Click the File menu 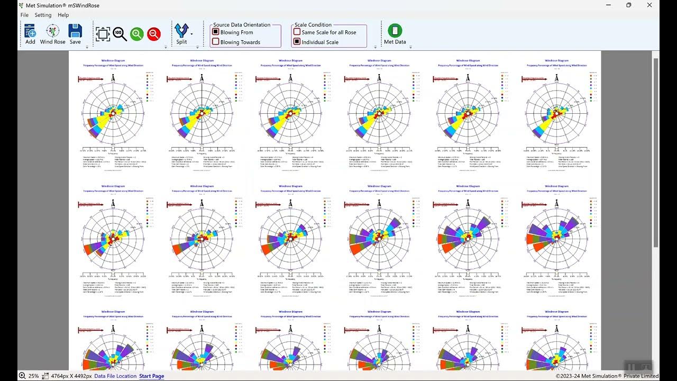pyautogui.click(x=24, y=15)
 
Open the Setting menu pyautogui.click(x=43, y=15)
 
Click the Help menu pyautogui.click(x=63, y=15)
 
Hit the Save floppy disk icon pyautogui.click(x=75, y=31)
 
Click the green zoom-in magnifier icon pyautogui.click(x=137, y=34)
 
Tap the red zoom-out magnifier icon pyautogui.click(x=154, y=34)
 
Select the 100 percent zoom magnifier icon pyautogui.click(x=120, y=34)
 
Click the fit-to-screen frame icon pyautogui.click(x=103, y=34)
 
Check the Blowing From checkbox pyautogui.click(x=216, y=32)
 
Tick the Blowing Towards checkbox pyautogui.click(x=216, y=42)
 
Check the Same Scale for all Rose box pyautogui.click(x=297, y=32)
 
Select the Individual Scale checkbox pyautogui.click(x=297, y=42)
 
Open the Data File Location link pyautogui.click(x=115, y=376)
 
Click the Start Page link pyautogui.click(x=151, y=376)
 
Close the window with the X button pyautogui.click(x=649, y=5)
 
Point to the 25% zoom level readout pyautogui.click(x=33, y=376)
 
